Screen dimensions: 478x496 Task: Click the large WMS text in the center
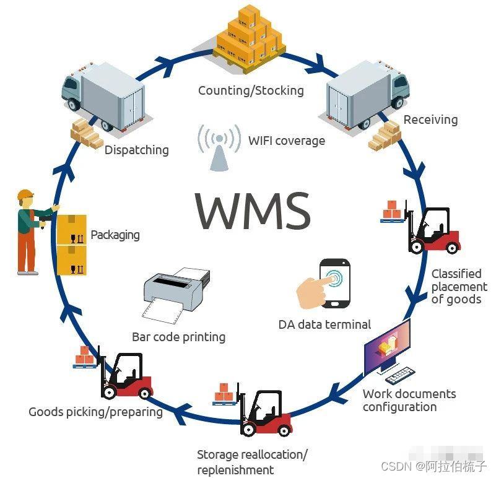pyautogui.click(x=253, y=211)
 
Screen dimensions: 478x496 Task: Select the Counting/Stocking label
pyautogui.click(x=251, y=90)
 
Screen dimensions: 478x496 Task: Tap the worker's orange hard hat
pyautogui.click(x=25, y=195)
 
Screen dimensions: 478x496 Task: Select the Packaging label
pyautogui.click(x=115, y=235)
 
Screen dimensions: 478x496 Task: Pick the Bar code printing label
pyautogui.click(x=178, y=337)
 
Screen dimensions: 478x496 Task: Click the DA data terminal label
pyautogui.click(x=324, y=324)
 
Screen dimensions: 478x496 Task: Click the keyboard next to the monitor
pyautogui.click(x=399, y=373)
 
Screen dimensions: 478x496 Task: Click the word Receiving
pyautogui.click(x=430, y=119)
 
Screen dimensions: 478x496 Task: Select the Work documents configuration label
pyautogui.click(x=409, y=400)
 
